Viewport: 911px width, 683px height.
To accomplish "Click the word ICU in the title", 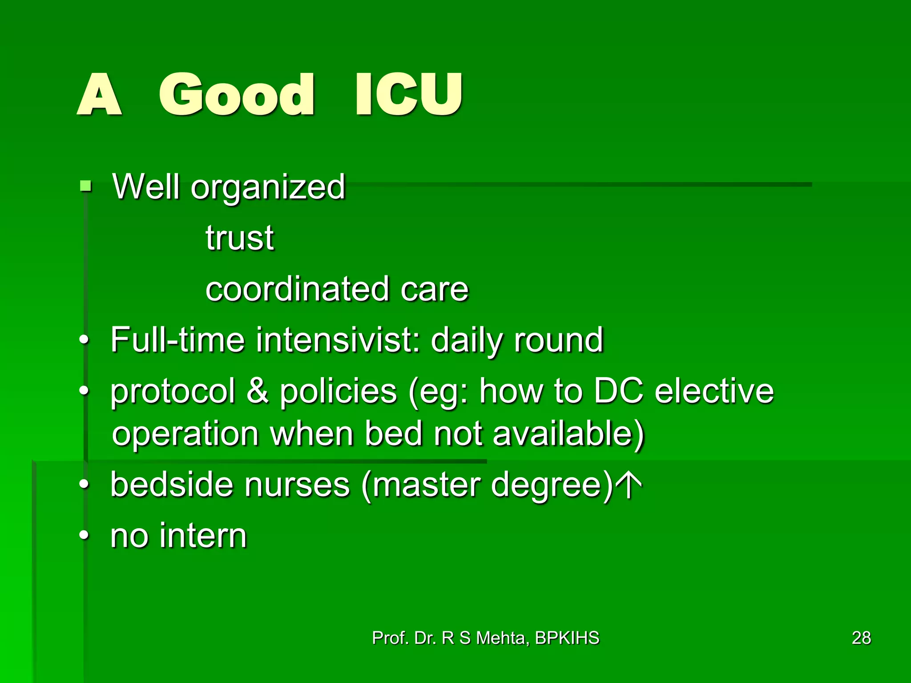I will click(x=408, y=95).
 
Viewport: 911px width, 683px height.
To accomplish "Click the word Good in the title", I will click(x=237, y=95).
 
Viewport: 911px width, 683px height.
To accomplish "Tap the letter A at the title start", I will click(x=99, y=95).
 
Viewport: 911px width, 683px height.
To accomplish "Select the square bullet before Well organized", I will click(x=85, y=185).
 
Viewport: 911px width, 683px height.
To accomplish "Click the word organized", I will click(x=268, y=187).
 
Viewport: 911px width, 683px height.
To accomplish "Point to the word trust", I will click(x=240, y=238).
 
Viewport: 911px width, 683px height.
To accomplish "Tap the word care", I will click(x=435, y=290).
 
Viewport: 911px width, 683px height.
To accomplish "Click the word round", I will click(x=559, y=340).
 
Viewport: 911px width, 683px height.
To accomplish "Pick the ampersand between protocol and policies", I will click(x=258, y=391).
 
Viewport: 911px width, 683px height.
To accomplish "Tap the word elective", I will click(x=714, y=391).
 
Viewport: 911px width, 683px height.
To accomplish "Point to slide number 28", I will click(x=861, y=638).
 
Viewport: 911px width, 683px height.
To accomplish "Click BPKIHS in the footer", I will click(x=567, y=638).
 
